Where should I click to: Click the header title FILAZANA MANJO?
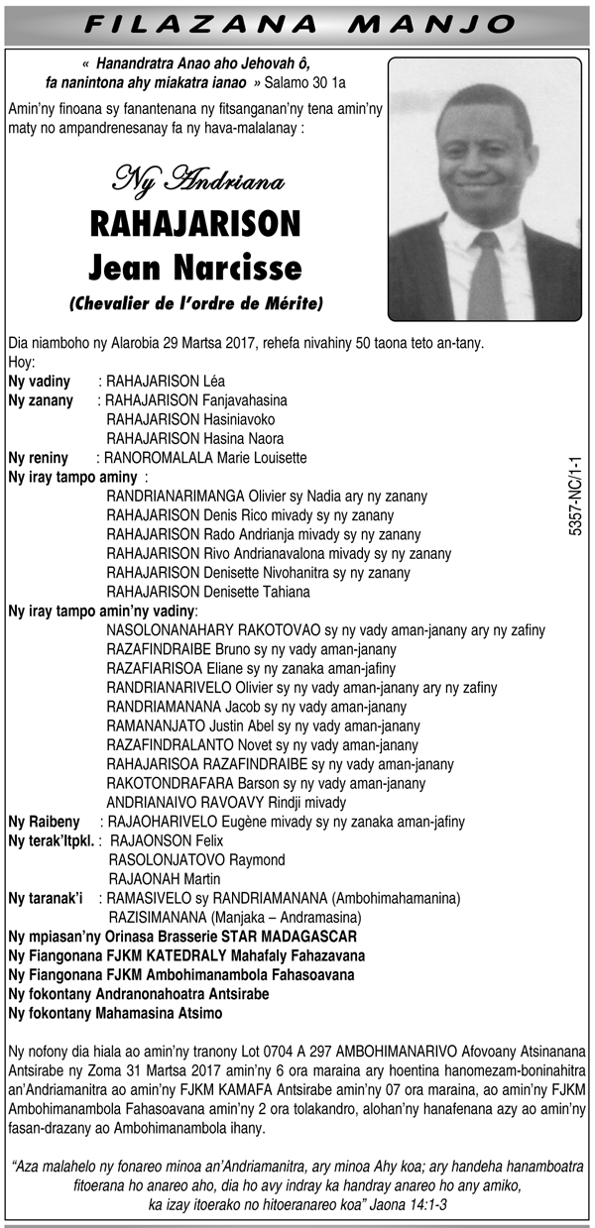[297, 23]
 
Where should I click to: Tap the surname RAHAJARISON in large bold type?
[194, 224]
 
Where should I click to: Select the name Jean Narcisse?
[194, 267]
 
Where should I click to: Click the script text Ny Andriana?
[198, 180]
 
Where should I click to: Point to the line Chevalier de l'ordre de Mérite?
[195, 302]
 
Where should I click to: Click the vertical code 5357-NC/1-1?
[575, 497]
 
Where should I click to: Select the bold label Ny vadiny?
[39, 382]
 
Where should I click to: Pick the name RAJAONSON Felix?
[167, 840]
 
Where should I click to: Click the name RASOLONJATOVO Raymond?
[196, 859]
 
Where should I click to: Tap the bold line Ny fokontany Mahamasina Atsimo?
[115, 1013]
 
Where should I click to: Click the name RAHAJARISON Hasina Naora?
[195, 438]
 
